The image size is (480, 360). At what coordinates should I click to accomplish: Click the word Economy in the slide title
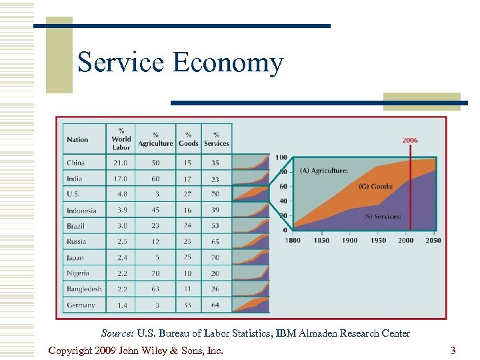coord(228,63)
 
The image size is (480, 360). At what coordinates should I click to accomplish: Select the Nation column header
coord(77,139)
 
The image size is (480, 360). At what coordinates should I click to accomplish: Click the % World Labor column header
coord(121,139)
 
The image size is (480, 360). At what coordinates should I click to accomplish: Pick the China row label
coord(75,163)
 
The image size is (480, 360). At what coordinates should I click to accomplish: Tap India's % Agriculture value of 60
coord(155,179)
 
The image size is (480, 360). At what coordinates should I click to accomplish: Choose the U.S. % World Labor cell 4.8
coord(121,194)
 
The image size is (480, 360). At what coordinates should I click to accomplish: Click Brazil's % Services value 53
coord(216,226)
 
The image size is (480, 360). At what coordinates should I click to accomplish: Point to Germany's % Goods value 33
coord(189,305)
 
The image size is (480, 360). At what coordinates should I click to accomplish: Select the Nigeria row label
coord(78,273)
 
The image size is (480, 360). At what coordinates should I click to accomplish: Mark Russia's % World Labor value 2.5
coord(121,241)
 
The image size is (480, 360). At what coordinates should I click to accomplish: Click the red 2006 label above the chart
coord(410,140)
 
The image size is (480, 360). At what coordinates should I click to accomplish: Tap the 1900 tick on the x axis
coord(349,240)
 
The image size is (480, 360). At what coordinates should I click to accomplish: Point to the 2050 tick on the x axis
coord(433,240)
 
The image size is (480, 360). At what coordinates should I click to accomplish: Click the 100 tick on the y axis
coord(281,157)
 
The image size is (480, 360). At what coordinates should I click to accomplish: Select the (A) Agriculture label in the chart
coord(323,171)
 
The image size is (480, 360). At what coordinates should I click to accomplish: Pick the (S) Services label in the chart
coord(382,217)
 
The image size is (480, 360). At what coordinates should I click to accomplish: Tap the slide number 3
coord(453,351)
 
